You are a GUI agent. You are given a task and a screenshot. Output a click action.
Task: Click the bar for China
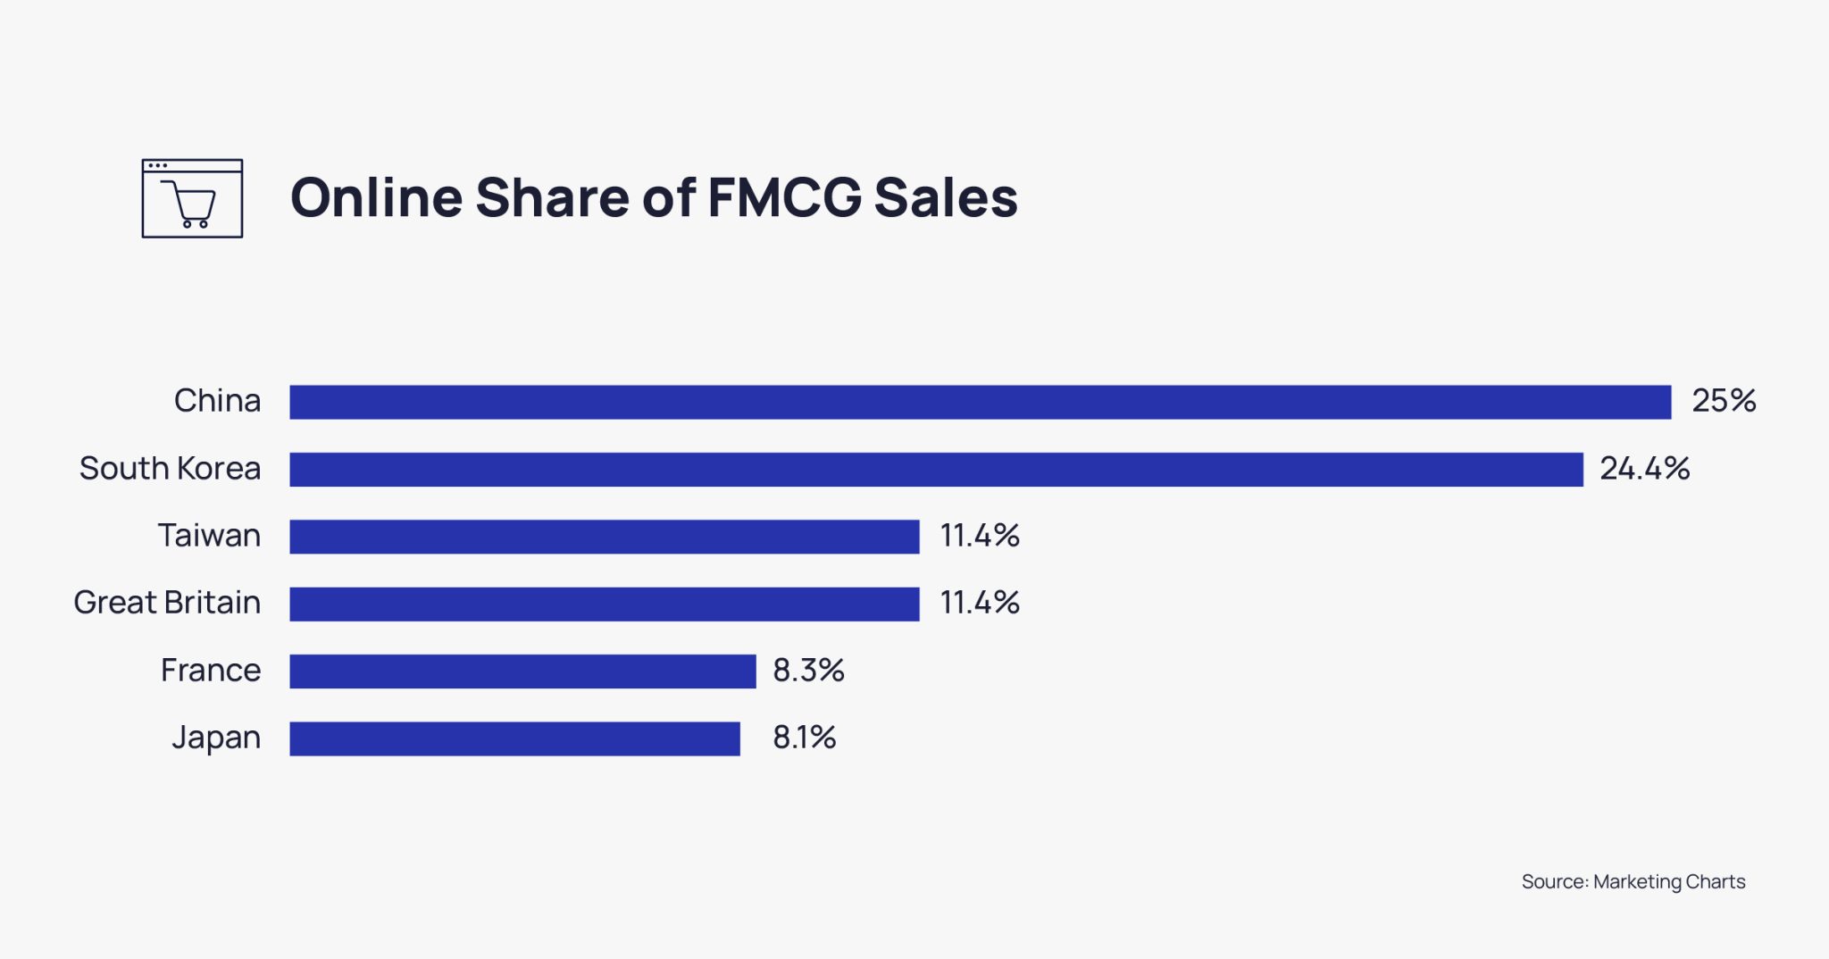pyautogui.click(x=980, y=402)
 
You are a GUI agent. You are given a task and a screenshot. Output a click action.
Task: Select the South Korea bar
pyautogui.click(x=936, y=470)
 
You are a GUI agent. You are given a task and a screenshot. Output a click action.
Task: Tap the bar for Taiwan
pyautogui.click(x=604, y=537)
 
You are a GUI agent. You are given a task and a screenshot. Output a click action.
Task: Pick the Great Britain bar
pyautogui.click(x=604, y=604)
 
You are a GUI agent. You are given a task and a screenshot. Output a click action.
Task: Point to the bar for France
pyautogui.click(x=522, y=671)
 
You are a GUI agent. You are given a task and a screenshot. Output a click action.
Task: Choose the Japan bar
pyautogui.click(x=514, y=738)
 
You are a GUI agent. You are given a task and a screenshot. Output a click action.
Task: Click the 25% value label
pyautogui.click(x=1723, y=401)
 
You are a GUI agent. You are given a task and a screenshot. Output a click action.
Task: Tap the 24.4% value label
pyautogui.click(x=1644, y=469)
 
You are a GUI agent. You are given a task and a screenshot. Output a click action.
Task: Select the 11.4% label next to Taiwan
pyautogui.click(x=979, y=536)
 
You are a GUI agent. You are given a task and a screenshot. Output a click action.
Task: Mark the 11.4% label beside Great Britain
pyautogui.click(x=979, y=603)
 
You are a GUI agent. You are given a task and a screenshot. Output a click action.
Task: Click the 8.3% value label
pyautogui.click(x=808, y=671)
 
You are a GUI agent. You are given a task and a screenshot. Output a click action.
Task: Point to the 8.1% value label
pyautogui.click(x=804, y=738)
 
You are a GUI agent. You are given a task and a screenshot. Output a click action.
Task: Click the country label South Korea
pyautogui.click(x=170, y=469)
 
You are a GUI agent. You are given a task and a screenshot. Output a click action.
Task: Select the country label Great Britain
pyautogui.click(x=167, y=603)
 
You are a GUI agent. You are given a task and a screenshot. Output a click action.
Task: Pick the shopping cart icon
pyautogui.click(x=192, y=198)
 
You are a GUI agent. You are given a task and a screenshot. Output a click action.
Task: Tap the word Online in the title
pyautogui.click(x=375, y=197)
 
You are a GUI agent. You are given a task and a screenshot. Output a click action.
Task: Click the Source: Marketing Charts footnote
pyautogui.click(x=1633, y=881)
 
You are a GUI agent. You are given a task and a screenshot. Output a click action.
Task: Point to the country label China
pyautogui.click(x=217, y=401)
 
